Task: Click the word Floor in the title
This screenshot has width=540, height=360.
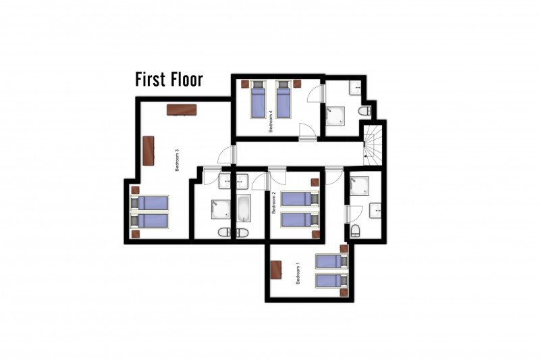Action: point(186,80)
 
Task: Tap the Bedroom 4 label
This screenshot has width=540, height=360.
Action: point(271,122)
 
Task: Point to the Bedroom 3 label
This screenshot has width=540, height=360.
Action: point(177,160)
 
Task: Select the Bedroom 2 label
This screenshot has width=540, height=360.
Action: point(274,203)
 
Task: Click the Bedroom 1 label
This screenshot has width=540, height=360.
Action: point(298,273)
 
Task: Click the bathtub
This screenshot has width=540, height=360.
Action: point(244,209)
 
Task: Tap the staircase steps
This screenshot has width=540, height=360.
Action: point(373,145)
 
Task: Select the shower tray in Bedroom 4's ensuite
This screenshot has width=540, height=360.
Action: point(335,116)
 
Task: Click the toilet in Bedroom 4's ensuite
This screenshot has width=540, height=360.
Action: point(364,111)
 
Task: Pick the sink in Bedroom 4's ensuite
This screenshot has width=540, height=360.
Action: point(355,88)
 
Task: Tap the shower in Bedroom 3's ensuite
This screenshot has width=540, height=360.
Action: point(221,209)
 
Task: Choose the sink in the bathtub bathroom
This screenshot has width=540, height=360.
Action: point(242,181)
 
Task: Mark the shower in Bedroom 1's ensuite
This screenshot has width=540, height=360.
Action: point(360,186)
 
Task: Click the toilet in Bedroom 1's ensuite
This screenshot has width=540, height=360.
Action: point(355,231)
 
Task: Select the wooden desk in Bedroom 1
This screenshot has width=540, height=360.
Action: point(276,269)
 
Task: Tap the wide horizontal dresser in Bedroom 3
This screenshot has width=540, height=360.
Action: point(182,109)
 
